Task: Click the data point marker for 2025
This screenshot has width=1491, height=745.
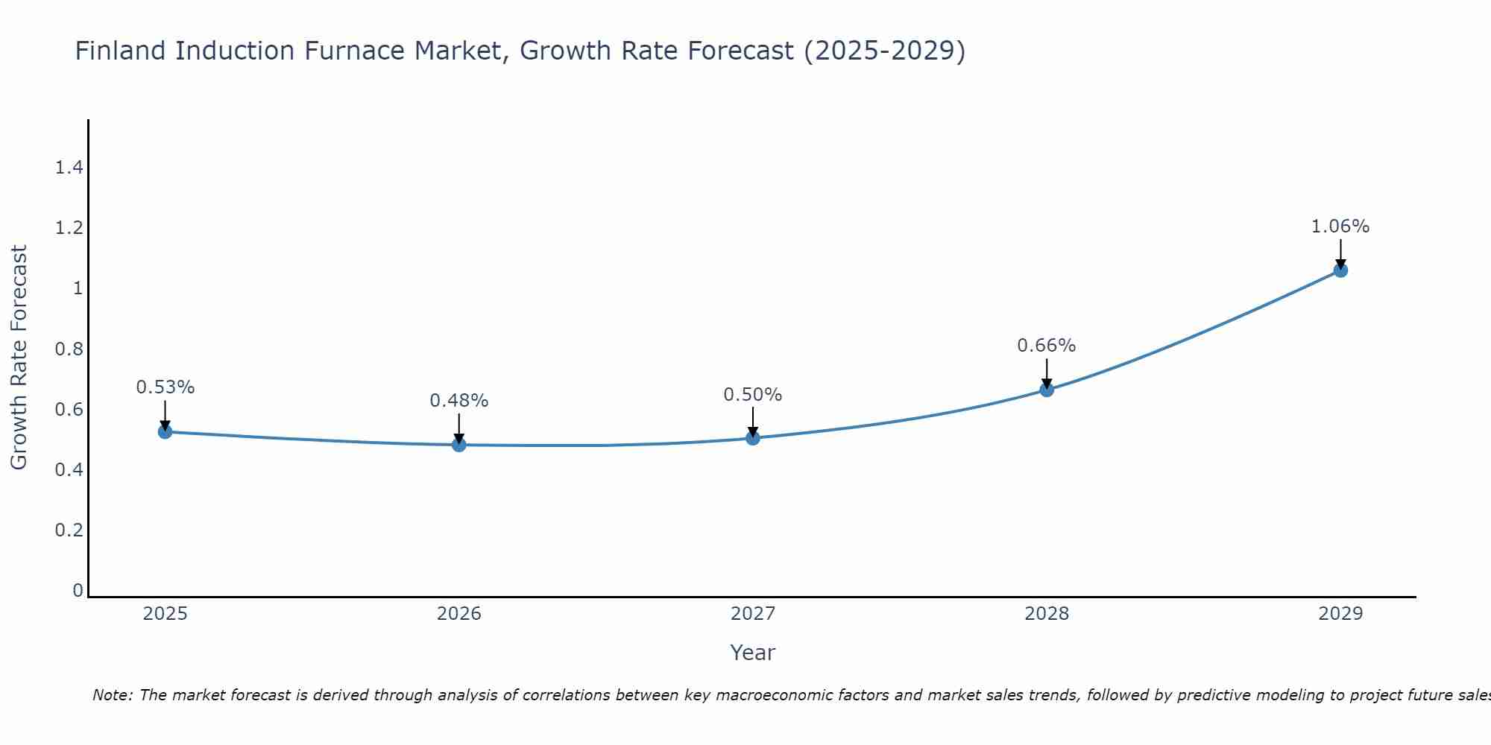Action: tap(166, 431)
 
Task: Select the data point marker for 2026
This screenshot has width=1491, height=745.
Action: tap(459, 445)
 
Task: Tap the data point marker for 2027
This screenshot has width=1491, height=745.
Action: tap(753, 438)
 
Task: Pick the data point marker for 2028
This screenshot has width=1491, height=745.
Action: tap(1047, 390)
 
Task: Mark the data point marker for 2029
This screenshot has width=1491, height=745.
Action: tap(1340, 270)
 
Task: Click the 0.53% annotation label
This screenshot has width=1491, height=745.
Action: tap(166, 387)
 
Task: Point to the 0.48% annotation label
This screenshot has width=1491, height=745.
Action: tap(459, 401)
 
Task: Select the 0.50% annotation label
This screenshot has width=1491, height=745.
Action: tap(753, 395)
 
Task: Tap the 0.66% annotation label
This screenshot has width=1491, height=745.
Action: tap(1047, 346)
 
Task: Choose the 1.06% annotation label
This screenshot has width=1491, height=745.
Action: tap(1340, 226)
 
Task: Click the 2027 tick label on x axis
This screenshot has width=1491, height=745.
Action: tap(753, 614)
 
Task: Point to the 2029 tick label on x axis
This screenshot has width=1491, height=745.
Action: tap(1340, 614)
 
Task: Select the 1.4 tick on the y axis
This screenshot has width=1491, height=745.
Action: tap(69, 168)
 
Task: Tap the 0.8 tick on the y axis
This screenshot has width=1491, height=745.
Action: tap(69, 349)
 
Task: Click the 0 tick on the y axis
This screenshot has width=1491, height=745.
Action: tap(78, 591)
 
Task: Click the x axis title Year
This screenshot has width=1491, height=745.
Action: tap(753, 653)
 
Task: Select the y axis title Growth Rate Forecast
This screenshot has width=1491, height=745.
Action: tap(19, 358)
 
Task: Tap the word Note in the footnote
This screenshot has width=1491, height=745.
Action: tap(112, 695)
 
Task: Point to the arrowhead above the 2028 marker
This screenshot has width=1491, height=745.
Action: tap(1047, 384)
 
